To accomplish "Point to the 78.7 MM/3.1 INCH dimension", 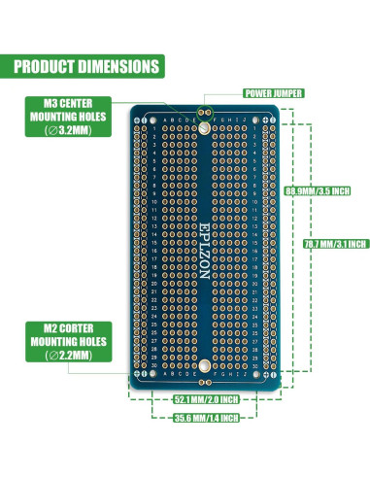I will coord(335,243).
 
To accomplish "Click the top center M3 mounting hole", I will coord(204,126).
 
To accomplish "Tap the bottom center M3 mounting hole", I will coord(204,365).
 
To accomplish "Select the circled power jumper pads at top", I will coord(204,109).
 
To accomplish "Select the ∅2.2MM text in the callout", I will coord(66,356).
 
